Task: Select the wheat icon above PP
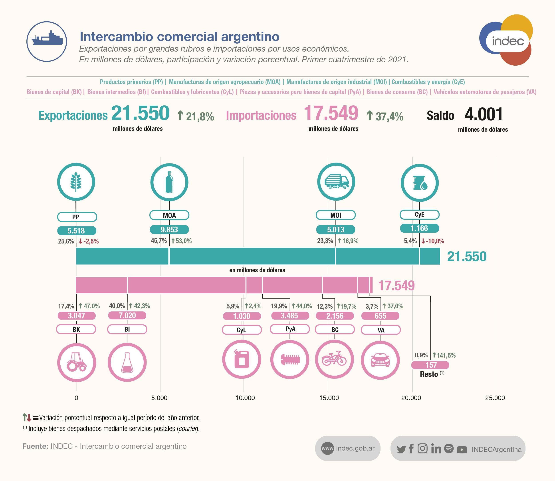[x=76, y=182]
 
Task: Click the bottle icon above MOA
[x=169, y=182]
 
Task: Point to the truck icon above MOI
[x=336, y=182]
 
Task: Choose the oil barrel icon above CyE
[x=419, y=183]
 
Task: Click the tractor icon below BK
[x=77, y=362]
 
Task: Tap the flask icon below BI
[x=127, y=362]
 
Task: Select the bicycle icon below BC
[x=334, y=359]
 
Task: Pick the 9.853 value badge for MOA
[x=169, y=230]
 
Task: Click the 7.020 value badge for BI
[x=127, y=315]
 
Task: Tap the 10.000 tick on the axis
[x=245, y=398]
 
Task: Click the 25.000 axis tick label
[x=495, y=398]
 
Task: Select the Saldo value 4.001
[x=484, y=115]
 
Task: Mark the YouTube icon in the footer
[x=462, y=449]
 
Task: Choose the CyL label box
[x=242, y=330]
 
